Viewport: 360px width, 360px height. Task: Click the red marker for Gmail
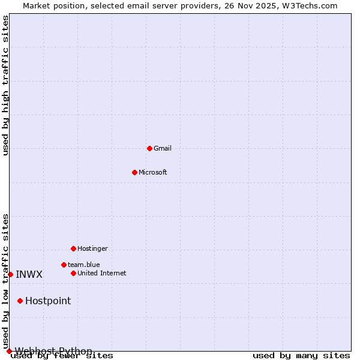point(149,148)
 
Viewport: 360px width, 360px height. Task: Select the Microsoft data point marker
point(134,172)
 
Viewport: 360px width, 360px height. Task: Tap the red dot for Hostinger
point(73,248)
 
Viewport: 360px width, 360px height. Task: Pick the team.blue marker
point(64,265)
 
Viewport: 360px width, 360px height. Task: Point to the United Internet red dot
point(73,273)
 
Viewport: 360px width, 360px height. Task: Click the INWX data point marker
point(10,274)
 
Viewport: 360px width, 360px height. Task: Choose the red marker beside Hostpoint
point(20,301)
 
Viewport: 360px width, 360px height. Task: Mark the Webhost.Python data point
point(9,351)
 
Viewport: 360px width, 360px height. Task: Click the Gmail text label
point(163,148)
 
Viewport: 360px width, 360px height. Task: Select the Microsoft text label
point(153,172)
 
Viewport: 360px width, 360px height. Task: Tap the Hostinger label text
point(92,248)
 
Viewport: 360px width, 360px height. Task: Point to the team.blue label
point(84,265)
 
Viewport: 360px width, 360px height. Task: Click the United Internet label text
point(102,273)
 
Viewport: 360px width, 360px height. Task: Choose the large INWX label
point(29,275)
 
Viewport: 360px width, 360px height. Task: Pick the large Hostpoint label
point(48,301)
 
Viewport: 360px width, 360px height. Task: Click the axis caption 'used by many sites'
point(301,356)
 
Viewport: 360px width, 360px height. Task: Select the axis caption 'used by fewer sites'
point(62,356)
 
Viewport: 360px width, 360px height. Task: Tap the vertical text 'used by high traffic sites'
point(5,85)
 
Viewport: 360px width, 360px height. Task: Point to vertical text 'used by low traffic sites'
point(5,281)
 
